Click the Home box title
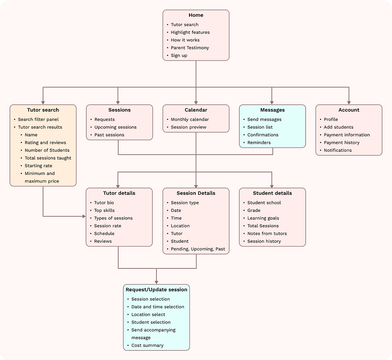[196, 15]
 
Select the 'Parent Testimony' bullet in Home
[190, 48]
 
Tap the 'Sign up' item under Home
[179, 55]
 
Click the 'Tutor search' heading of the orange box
[43, 110]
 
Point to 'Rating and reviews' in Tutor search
[45, 143]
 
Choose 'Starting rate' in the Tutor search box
[39, 166]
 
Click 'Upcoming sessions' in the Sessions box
[115, 127]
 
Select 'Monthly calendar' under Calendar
[190, 119]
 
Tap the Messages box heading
[272, 110]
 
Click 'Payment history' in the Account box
[341, 143]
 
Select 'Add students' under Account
[338, 127]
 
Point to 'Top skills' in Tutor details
[104, 210]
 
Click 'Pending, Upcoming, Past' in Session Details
[198, 249]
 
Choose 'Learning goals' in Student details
[263, 218]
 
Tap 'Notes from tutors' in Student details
[267, 233]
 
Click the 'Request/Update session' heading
[156, 290]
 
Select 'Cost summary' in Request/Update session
[147, 345]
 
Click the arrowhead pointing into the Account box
[349, 102]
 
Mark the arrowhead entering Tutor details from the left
[84, 216]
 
